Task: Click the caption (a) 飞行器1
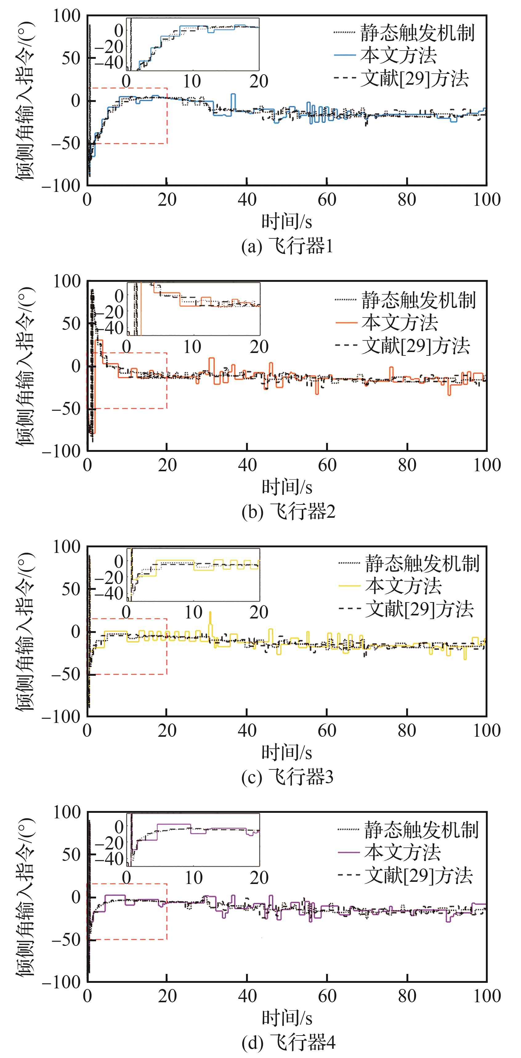(x=287, y=246)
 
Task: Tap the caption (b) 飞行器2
(x=288, y=512)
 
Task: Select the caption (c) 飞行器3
(x=287, y=777)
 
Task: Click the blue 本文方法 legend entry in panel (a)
(x=385, y=55)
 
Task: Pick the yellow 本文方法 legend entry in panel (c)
(x=390, y=586)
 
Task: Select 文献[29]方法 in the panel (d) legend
(x=405, y=876)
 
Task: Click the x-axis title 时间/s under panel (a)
(x=287, y=222)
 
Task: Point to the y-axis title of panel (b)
(x=26, y=366)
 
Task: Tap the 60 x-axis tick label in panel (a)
(x=327, y=200)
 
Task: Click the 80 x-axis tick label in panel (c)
(x=407, y=730)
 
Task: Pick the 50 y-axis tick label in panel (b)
(x=71, y=324)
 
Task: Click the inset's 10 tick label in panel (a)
(x=192, y=81)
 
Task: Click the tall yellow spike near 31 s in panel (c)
(x=210, y=625)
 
